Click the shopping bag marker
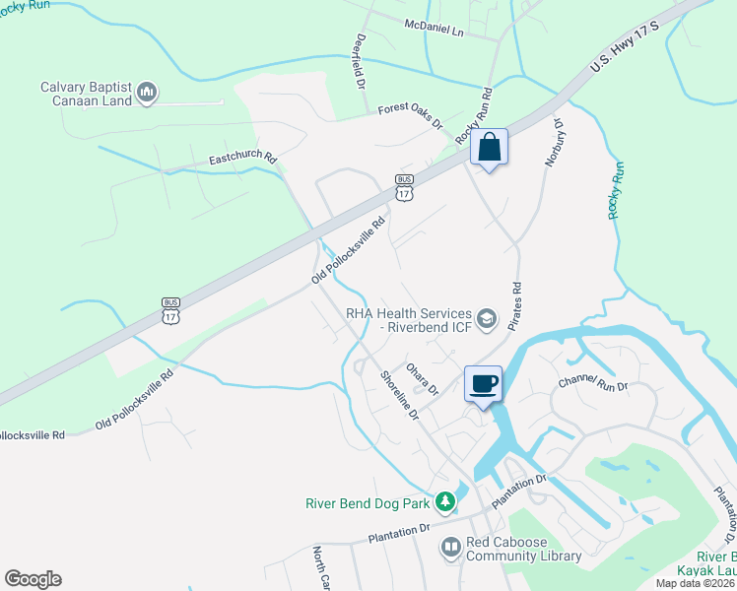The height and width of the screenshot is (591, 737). (489, 148)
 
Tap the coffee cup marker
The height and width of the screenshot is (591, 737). (483, 383)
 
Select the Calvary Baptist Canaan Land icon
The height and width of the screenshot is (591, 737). (147, 93)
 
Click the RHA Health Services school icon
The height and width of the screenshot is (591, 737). (486, 318)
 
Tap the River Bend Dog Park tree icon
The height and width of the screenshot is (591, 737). (445, 502)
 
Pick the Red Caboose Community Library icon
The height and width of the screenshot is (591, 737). (450, 546)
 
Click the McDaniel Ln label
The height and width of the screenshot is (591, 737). (433, 27)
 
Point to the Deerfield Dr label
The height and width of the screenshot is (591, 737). (360, 61)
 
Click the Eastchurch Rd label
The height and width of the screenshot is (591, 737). (242, 158)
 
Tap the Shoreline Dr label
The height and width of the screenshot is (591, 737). (398, 394)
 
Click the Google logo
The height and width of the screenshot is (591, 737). (33, 579)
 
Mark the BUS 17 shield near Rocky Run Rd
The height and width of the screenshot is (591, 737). (404, 187)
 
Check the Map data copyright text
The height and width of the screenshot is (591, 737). (695, 583)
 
